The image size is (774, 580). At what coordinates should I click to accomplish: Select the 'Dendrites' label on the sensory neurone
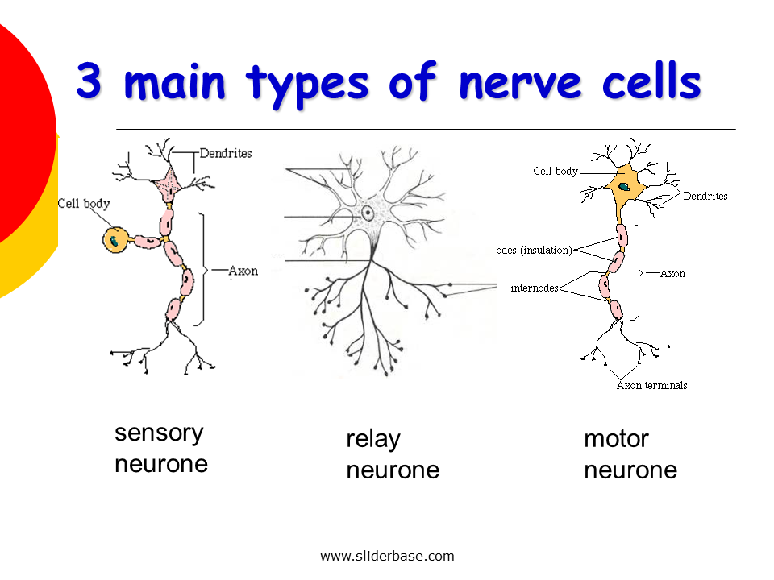[x=226, y=153]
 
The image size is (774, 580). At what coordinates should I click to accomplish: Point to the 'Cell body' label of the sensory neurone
[x=84, y=204]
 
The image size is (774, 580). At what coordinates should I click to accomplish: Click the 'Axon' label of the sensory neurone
[x=243, y=271]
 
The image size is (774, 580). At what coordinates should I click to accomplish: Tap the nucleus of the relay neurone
[x=368, y=213]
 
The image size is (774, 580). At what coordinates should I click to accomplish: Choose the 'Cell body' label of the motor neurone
[x=556, y=171]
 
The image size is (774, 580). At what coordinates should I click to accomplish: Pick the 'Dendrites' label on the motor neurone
[x=705, y=196]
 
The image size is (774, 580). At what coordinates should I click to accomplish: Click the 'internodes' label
[x=534, y=288]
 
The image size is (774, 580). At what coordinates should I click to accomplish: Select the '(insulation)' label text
[x=546, y=250]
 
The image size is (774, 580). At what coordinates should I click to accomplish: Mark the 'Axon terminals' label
[x=651, y=385]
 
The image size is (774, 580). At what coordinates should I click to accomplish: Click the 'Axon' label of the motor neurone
[x=672, y=273]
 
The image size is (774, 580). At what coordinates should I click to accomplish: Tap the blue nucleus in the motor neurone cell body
[x=623, y=186]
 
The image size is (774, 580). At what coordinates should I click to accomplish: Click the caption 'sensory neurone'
[x=161, y=448]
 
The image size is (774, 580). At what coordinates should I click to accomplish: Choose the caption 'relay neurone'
[x=393, y=454]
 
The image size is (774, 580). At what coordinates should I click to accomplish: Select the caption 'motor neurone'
[x=630, y=454]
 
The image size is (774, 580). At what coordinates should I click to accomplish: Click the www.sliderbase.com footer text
[x=387, y=556]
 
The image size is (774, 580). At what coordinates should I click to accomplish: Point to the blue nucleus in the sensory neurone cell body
[x=118, y=239]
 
